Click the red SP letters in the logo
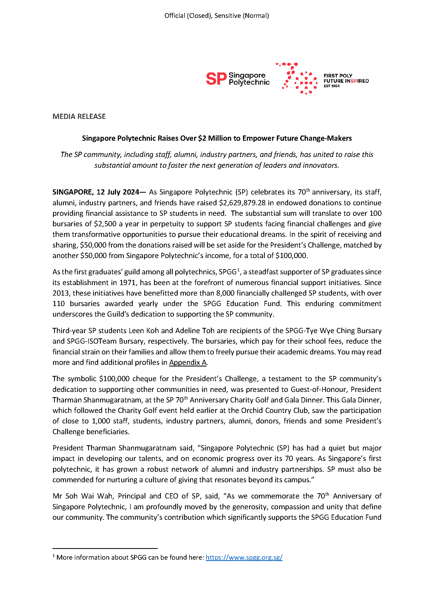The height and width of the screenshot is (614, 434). (216, 79)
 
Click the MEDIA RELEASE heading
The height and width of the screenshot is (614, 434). (79, 116)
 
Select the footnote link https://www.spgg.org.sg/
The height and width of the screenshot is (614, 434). (244, 557)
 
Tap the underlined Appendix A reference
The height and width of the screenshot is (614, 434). (188, 362)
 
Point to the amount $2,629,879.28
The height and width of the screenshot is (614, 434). (242, 203)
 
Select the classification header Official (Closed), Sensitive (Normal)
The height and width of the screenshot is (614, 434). (216, 15)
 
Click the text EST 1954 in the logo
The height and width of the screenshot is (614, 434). (331, 86)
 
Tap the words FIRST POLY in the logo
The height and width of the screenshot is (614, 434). (338, 76)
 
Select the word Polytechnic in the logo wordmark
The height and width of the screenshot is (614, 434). (249, 82)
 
